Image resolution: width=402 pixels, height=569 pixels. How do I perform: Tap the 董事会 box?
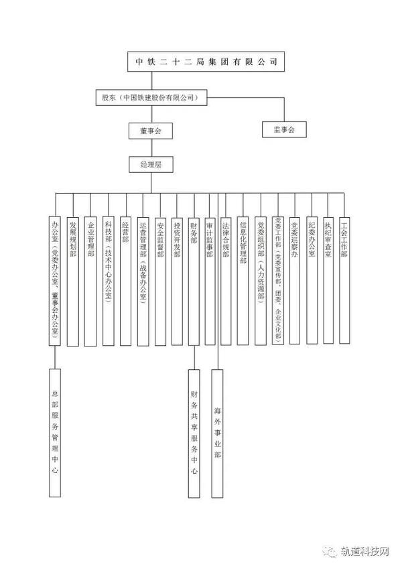[151, 130]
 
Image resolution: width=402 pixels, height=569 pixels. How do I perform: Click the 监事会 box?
[284, 128]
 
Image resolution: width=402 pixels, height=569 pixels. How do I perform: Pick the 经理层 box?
[151, 164]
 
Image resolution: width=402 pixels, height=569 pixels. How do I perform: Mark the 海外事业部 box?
[218, 432]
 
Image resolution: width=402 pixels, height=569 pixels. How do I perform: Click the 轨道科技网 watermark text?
[366, 550]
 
